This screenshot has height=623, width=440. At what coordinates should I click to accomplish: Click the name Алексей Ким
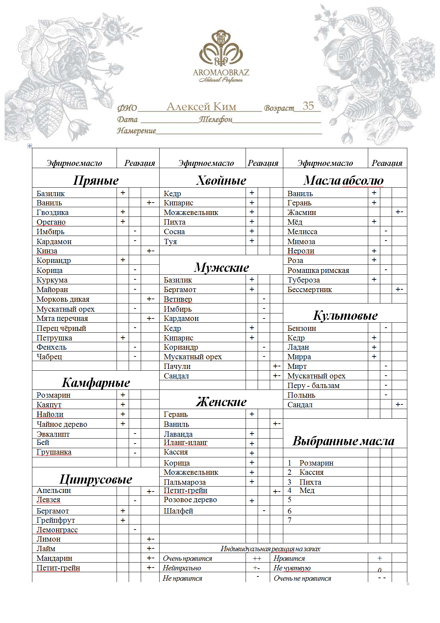[201, 107]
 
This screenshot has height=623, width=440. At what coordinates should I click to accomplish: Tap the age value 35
[308, 106]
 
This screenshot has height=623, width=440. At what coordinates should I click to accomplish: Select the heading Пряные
[96, 181]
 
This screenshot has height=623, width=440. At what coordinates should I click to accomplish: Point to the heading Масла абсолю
[343, 181]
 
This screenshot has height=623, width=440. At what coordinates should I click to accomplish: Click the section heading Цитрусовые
[96, 479]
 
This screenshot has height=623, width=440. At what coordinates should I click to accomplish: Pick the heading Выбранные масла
[343, 441]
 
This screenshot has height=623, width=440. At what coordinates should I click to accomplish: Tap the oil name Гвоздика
[53, 213]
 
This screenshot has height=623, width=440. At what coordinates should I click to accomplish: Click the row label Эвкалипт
[53, 434]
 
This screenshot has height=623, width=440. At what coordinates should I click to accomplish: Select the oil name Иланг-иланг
[186, 443]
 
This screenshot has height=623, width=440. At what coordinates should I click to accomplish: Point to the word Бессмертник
[310, 290]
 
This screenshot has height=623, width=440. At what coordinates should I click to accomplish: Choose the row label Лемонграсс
[57, 530]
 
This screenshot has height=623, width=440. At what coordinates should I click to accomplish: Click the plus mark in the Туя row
[252, 241]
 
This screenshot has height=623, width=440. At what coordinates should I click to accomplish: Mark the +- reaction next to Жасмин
[399, 212]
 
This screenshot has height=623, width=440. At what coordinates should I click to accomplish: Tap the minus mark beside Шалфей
[264, 511]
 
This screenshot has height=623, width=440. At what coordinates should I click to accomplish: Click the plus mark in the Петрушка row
[123, 337]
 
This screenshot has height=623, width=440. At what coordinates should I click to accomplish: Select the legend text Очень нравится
[187, 559]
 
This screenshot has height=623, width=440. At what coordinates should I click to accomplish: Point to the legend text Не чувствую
[292, 568]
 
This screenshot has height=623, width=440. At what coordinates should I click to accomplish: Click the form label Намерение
[136, 131]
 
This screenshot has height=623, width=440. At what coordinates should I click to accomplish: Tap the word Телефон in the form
[216, 119]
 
